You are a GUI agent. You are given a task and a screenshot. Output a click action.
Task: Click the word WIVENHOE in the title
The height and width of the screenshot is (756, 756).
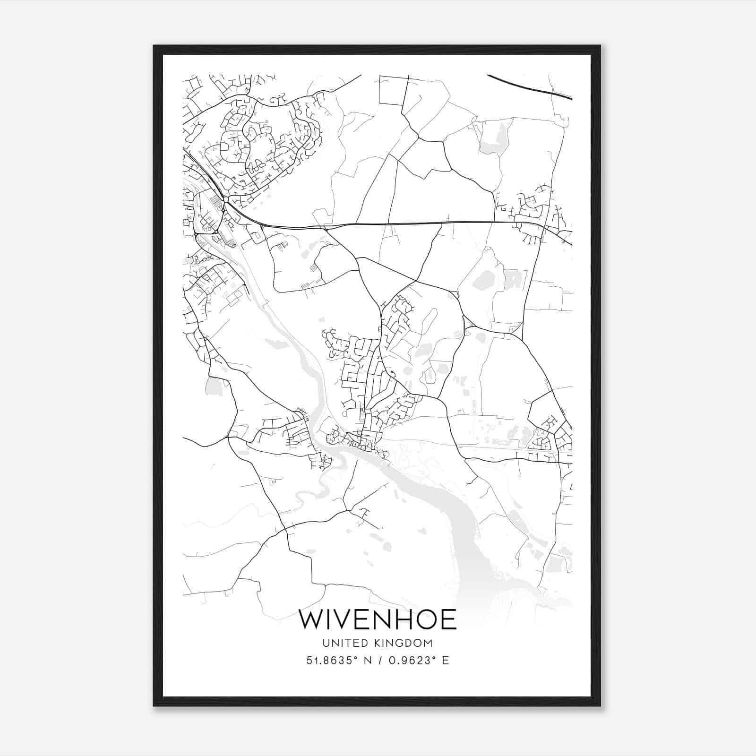tap(378, 620)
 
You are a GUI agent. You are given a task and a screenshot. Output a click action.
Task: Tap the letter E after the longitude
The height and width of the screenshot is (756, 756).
tap(446, 661)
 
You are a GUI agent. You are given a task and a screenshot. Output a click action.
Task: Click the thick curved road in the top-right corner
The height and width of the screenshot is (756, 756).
tap(529, 87)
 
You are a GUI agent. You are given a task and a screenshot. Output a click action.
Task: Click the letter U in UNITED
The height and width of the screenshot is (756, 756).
tap(326, 643)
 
